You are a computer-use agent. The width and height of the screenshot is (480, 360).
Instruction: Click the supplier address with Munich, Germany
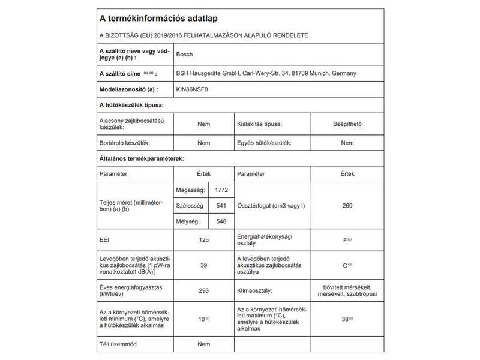[266, 73]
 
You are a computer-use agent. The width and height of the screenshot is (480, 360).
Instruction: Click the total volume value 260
[347, 206]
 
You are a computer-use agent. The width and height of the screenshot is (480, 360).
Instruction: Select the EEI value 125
[203, 239]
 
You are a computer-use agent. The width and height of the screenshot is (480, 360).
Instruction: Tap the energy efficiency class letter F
[345, 240]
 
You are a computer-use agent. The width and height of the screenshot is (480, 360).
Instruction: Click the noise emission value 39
[203, 265]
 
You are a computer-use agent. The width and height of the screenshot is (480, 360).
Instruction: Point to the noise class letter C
[345, 265]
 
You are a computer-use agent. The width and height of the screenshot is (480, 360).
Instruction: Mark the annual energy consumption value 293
[203, 290]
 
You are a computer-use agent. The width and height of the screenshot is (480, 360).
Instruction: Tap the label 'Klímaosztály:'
[255, 290]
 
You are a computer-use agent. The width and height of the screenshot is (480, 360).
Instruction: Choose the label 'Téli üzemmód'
[118, 344]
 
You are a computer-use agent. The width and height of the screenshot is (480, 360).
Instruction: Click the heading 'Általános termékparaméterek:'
[141, 158]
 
